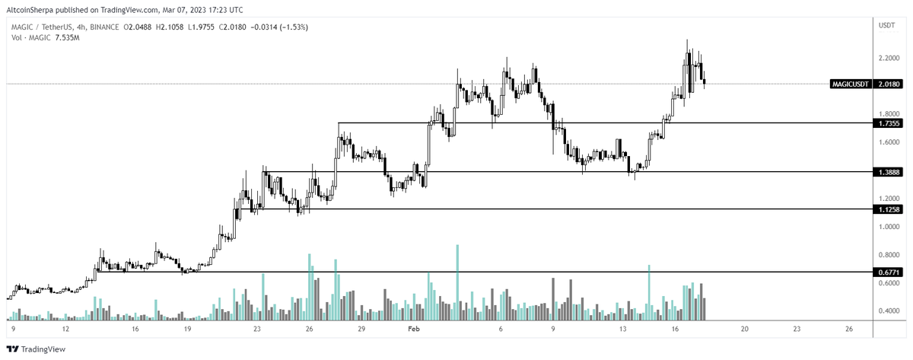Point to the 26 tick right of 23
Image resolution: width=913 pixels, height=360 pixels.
pos(849,329)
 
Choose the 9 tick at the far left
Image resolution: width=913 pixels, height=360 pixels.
pos(14,329)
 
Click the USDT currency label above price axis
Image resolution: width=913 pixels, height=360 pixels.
pos(886,25)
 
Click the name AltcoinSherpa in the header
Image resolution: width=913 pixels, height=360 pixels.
pos(31,10)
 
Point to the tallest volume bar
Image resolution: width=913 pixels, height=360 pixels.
pos(457,282)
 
